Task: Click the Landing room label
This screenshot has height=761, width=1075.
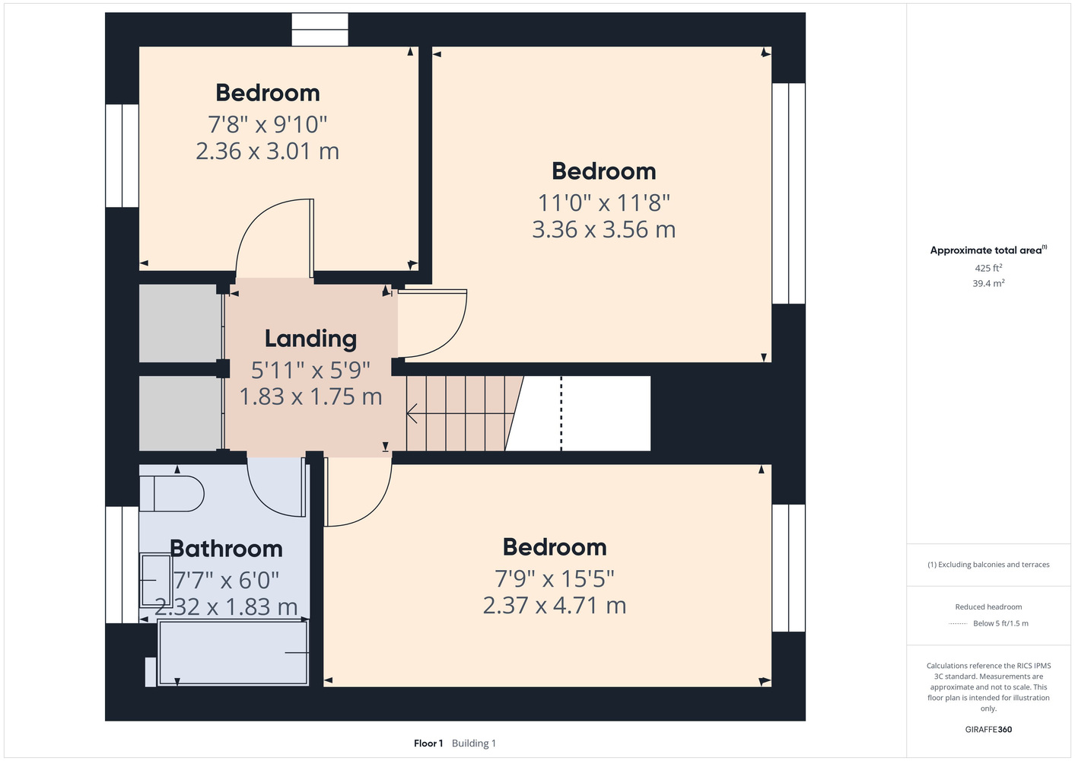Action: point(310,339)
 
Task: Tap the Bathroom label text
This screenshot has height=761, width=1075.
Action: point(226,549)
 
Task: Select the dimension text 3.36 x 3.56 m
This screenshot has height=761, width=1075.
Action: point(604,230)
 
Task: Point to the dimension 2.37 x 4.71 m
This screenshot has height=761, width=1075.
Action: point(555,606)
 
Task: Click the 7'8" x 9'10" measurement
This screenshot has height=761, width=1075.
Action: point(267,124)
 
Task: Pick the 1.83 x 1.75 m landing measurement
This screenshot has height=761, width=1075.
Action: point(310,396)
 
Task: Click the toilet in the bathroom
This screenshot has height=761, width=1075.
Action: point(172,494)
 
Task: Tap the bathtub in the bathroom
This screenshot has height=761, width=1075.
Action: point(234,653)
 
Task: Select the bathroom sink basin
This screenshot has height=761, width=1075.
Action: point(156,581)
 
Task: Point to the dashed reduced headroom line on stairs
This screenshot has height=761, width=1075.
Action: point(561,413)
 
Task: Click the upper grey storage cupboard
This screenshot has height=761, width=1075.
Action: point(180,323)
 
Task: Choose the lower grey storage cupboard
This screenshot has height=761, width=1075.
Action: point(180,413)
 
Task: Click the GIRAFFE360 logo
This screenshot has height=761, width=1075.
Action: point(988,729)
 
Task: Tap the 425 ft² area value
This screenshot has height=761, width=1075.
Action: point(988,268)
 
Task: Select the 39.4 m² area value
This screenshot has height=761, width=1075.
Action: point(988,283)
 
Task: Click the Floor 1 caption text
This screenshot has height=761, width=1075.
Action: point(428,743)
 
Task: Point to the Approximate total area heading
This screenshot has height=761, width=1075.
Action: point(988,250)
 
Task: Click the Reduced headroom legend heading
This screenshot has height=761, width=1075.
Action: point(988,607)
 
